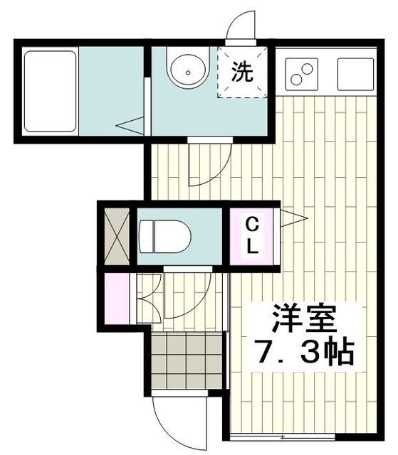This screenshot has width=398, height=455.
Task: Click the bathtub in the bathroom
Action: coord(51,90)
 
